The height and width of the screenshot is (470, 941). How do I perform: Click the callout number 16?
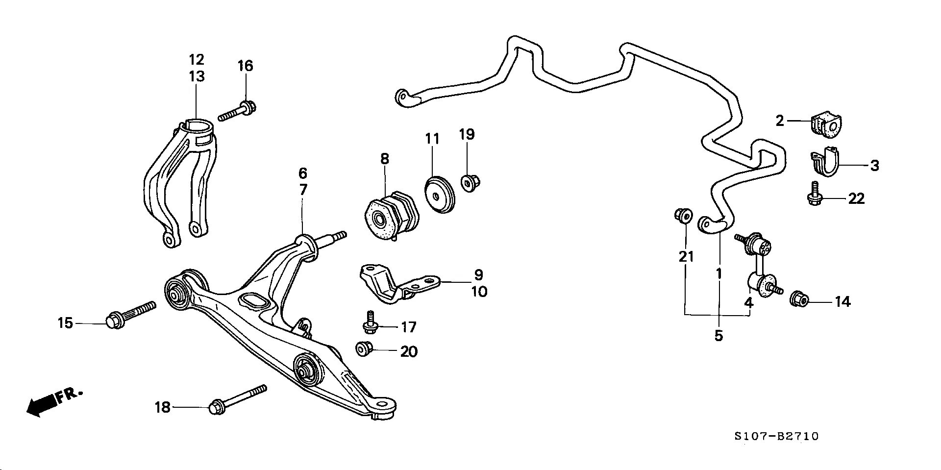[x=246, y=66]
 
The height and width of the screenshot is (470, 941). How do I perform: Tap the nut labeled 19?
[x=470, y=183]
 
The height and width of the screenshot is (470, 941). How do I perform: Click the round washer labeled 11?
[x=439, y=195]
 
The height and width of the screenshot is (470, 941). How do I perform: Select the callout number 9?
[x=478, y=275]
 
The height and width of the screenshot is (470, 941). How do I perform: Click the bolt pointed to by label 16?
[x=237, y=111]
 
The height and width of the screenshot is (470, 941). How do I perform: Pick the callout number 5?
[x=718, y=336]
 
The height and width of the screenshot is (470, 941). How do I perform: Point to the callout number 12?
[x=197, y=60]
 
